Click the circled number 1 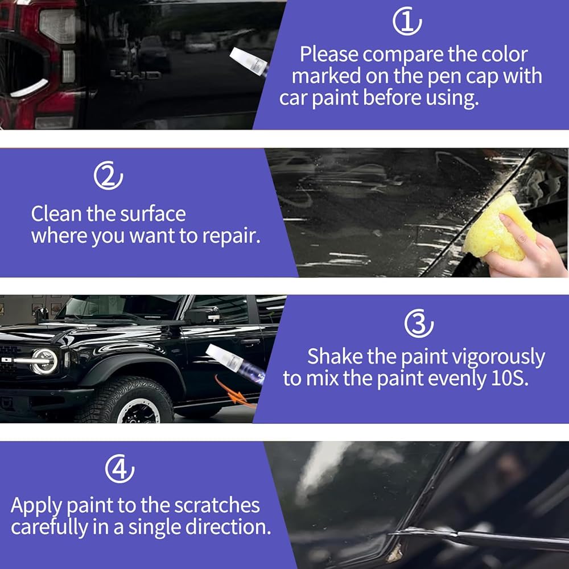tap(407, 21)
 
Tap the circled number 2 tap(108, 176)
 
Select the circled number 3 tap(419, 323)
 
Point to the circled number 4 tap(119, 468)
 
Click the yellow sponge tap(499, 228)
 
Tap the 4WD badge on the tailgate tap(135, 75)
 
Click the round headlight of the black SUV tap(44, 361)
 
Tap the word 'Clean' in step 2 tap(56, 214)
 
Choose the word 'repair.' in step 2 tap(232, 237)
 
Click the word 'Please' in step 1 tap(329, 55)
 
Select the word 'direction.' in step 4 tap(228, 527)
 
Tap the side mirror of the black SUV tap(203, 315)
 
